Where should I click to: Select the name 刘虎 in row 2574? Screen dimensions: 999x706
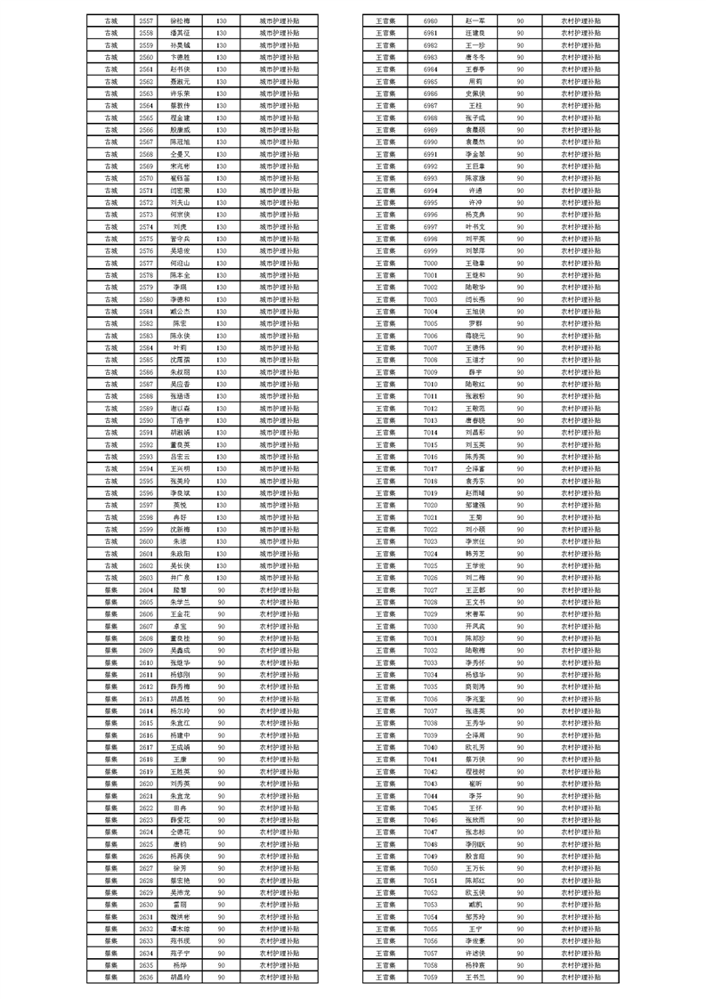point(180,225)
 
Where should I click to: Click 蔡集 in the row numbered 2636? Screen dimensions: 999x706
point(111,977)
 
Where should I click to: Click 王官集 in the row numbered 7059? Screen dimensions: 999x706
point(385,977)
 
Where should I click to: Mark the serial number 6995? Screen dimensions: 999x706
point(431,201)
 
